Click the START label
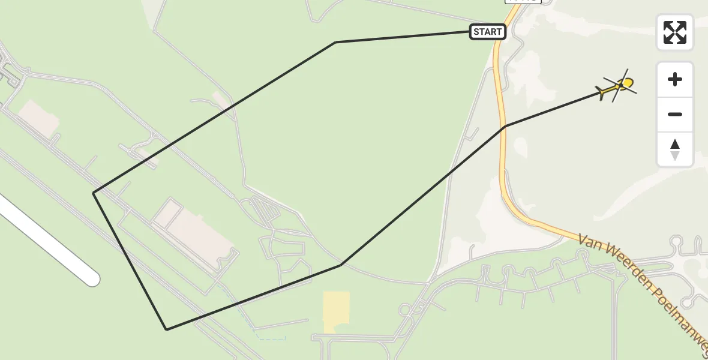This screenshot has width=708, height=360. (x=487, y=32)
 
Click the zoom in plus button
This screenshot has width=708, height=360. (x=675, y=79)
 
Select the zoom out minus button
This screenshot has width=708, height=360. (x=675, y=114)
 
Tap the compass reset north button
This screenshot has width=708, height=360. (x=675, y=149)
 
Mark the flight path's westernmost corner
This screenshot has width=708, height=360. (x=94, y=193)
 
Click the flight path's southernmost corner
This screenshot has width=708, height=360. (x=167, y=329)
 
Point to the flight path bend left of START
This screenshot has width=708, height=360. (x=336, y=42)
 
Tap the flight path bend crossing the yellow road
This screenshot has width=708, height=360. (x=506, y=126)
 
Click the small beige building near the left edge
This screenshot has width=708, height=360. (x=39, y=117)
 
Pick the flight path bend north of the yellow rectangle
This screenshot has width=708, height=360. (x=341, y=265)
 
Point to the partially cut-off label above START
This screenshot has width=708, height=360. (x=523, y=1)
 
